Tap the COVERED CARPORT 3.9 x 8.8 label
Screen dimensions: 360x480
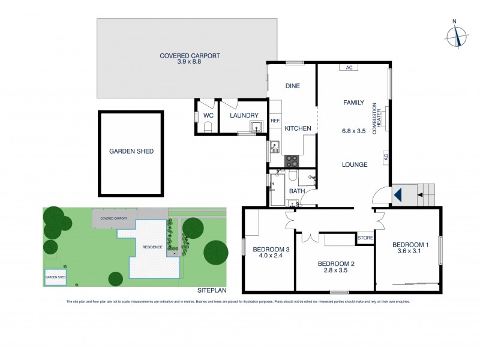coord(190,59)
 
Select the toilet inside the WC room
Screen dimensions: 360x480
coord(208,126)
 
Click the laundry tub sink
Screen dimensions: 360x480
coord(257,127)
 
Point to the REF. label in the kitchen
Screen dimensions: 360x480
coord(275,121)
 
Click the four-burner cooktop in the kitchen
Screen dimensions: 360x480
coord(292,161)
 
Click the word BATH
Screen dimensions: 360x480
coord(297,191)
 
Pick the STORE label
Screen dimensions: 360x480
coord(365,238)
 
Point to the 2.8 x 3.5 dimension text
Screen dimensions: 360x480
coord(332,270)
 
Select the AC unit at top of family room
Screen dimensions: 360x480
coord(348,68)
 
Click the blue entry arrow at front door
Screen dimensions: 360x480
coord(397,196)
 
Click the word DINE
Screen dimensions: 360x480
coord(292,86)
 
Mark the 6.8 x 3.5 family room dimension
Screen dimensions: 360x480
coord(353,130)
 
